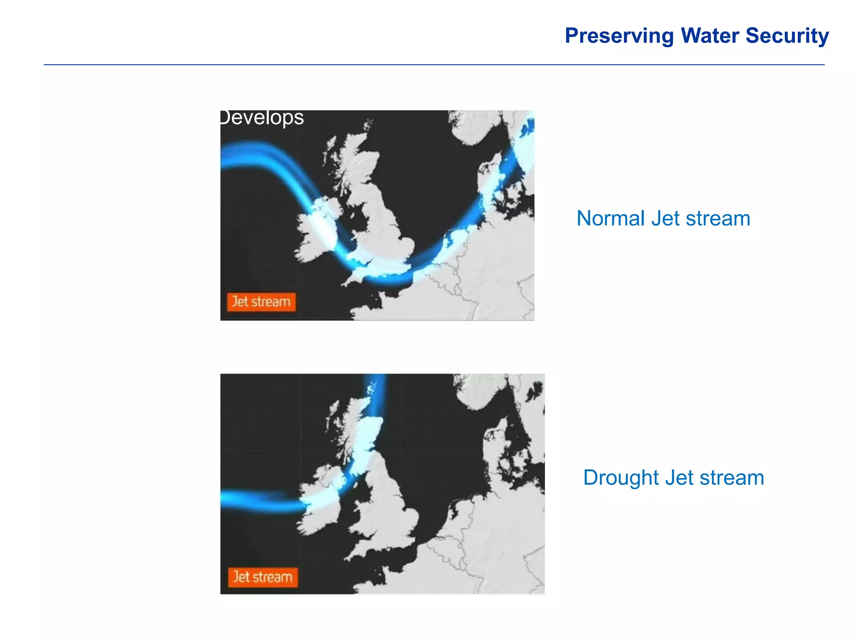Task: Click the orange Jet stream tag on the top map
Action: click(x=261, y=302)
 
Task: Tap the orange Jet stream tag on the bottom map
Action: click(x=263, y=577)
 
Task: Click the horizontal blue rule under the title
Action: click(x=434, y=65)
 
